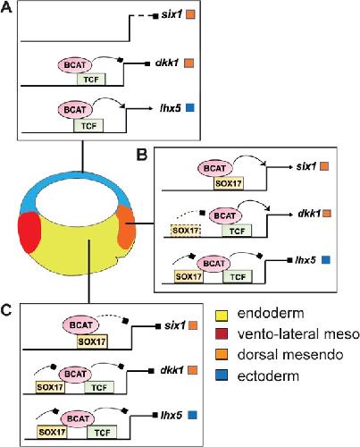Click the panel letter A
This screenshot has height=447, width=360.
pos(6,7)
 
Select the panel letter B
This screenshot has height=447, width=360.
pos(142,155)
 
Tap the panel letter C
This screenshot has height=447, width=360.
pos(6,310)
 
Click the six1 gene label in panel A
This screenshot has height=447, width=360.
pos(172,14)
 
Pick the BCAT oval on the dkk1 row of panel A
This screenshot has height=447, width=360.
pos(75,64)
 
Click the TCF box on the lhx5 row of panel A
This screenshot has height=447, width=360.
pos(88,126)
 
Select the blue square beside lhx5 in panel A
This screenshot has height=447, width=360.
pos(189,107)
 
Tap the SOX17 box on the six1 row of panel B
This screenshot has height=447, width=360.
pos(229,183)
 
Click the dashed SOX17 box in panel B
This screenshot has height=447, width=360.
pos(186,230)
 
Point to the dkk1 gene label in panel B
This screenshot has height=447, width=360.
pos(309,214)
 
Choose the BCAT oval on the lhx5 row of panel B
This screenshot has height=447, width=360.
pos(213,264)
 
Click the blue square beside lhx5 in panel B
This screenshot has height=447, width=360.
pos(326,260)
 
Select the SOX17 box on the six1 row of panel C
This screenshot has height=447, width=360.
pos(92,342)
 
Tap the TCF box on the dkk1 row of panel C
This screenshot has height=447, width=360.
pos(99,387)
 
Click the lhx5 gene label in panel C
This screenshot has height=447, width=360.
pos(172,415)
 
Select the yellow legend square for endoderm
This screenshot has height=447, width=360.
pos(222,316)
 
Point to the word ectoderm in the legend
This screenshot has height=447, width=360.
pos(268,376)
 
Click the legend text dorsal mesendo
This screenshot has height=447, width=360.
pos(290,355)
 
